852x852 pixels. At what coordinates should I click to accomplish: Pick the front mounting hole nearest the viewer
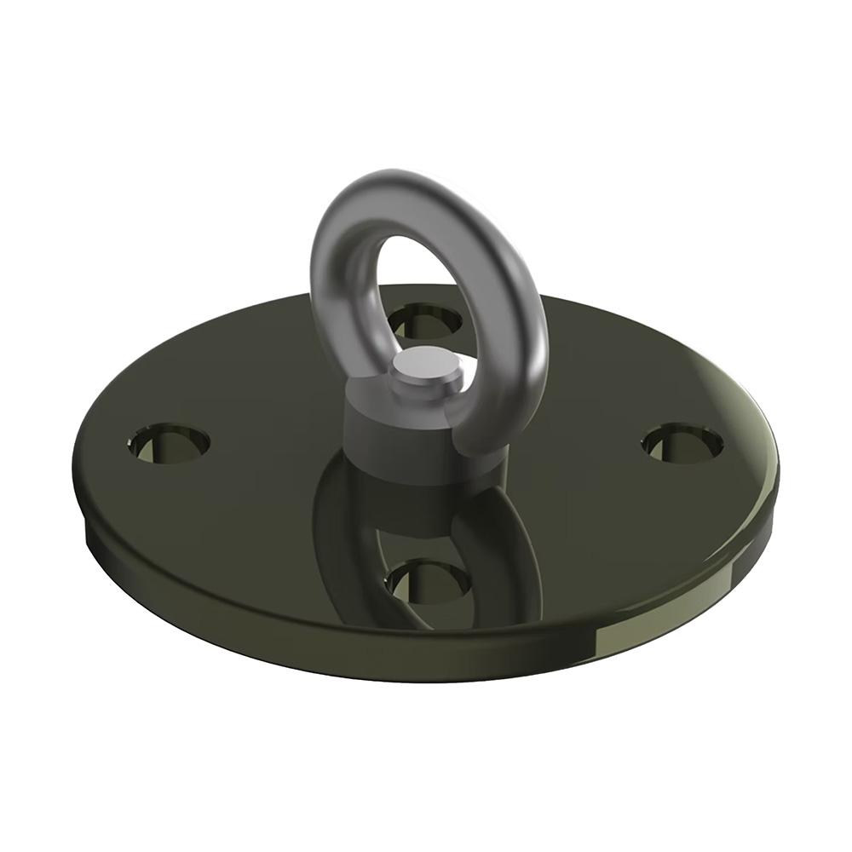click(429, 582)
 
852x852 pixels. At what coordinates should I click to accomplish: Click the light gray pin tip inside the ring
click(423, 364)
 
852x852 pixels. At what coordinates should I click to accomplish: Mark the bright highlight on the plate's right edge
click(758, 426)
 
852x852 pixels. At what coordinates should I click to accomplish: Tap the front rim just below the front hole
click(426, 656)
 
